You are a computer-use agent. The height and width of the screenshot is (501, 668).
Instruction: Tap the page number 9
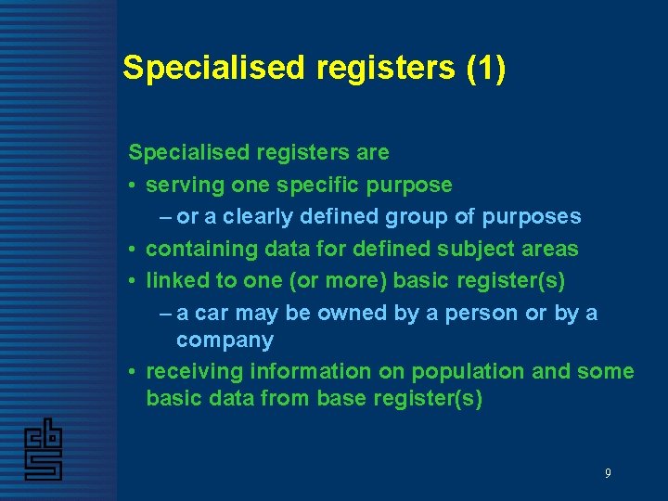(x=608, y=473)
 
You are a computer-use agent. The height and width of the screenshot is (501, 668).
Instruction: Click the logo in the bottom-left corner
(x=43, y=449)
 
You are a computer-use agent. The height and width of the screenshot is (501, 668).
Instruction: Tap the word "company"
(x=225, y=340)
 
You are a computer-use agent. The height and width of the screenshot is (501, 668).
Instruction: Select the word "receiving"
(x=191, y=372)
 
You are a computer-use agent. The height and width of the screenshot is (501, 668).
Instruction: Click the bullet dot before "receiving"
(x=135, y=372)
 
